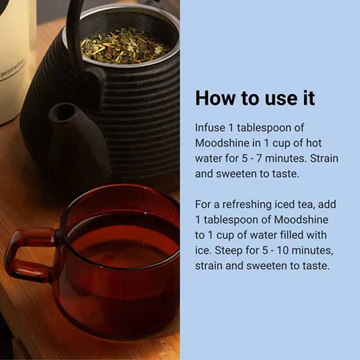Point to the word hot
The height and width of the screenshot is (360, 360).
[323, 143]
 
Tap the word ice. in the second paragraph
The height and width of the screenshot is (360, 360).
[203, 250]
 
